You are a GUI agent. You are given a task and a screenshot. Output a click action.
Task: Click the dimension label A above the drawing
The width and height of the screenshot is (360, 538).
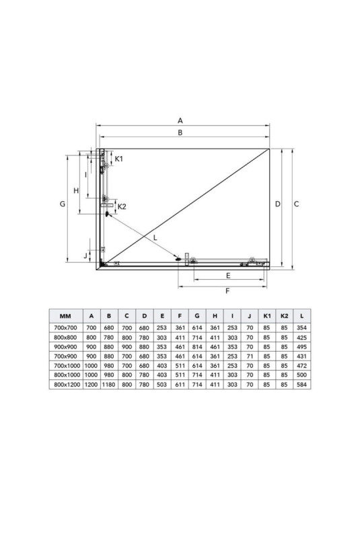coord(180,120)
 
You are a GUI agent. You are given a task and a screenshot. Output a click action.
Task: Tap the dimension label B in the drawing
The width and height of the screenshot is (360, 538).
coord(180,132)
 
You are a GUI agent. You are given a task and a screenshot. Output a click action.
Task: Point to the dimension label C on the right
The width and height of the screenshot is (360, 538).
coord(297,204)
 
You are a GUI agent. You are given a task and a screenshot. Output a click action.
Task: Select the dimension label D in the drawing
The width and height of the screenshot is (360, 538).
coord(278,204)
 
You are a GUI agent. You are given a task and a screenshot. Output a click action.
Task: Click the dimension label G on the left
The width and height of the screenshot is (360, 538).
coord(63,204)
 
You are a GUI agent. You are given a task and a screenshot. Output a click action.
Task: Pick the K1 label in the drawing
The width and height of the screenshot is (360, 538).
coord(118,159)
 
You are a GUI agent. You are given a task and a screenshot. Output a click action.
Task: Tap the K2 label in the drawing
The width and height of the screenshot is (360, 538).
coord(122,206)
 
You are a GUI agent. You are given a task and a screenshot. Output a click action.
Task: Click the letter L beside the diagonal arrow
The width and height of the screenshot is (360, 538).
coord(155,237)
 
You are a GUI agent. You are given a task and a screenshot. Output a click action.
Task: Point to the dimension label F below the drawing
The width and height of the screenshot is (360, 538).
coord(227,291)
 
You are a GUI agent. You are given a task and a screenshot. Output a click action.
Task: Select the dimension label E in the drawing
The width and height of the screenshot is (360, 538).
coord(228,276)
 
